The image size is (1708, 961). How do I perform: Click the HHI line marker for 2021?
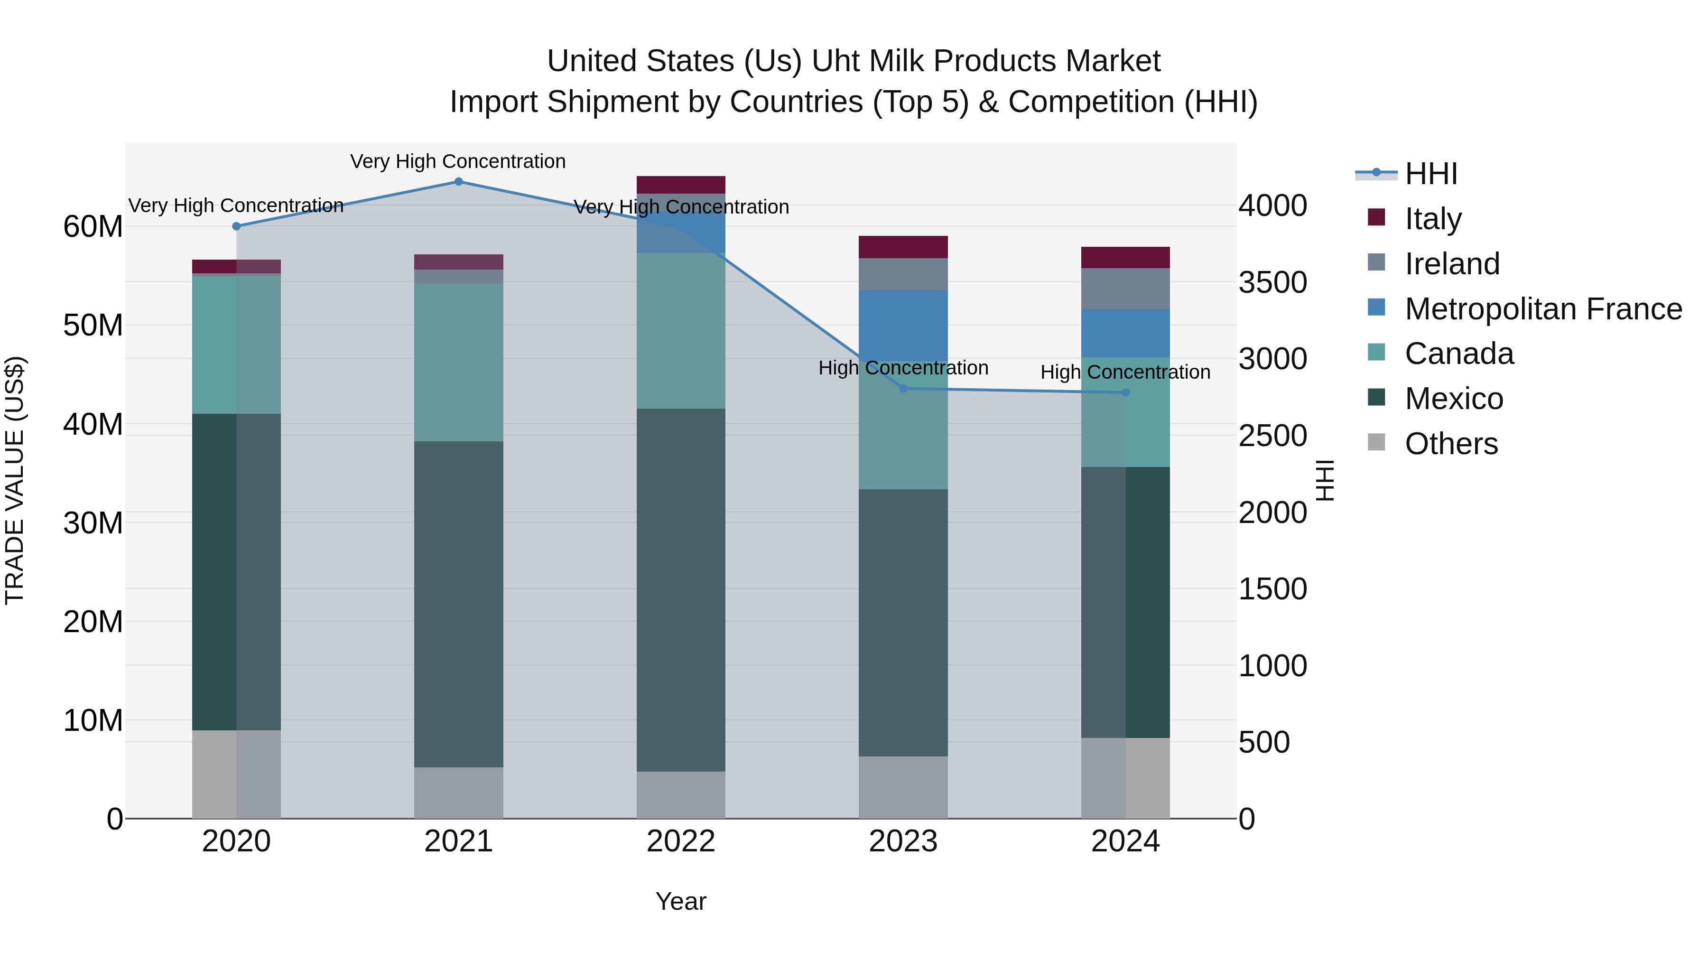pyautogui.click(x=458, y=182)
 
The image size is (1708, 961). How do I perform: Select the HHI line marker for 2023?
pyautogui.click(x=903, y=389)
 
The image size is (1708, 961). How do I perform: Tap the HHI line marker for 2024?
pyautogui.click(x=1125, y=392)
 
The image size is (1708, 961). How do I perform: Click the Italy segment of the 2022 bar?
pyautogui.click(x=681, y=185)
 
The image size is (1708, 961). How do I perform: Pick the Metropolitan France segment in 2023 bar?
pyautogui.click(x=903, y=326)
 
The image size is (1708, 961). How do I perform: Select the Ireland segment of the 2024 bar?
pyautogui.click(x=1125, y=289)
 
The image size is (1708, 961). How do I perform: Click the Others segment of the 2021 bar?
pyautogui.click(x=458, y=793)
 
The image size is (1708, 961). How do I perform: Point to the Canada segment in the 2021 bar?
pyautogui.click(x=458, y=362)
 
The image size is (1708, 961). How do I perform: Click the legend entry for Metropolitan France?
pyautogui.click(x=1543, y=309)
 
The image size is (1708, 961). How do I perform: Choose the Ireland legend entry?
pyautogui.click(x=1452, y=264)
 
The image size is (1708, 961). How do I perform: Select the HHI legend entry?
pyautogui.click(x=1431, y=174)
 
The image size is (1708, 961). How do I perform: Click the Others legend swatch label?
pyautogui.click(x=1451, y=444)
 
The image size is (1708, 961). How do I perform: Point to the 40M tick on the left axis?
pyautogui.click(x=93, y=424)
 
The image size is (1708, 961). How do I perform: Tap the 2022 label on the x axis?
pyautogui.click(x=681, y=841)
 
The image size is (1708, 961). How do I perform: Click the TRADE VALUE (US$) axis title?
pyautogui.click(x=15, y=480)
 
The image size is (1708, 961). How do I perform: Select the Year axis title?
pyautogui.click(x=681, y=901)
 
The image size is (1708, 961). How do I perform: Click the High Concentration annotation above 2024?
pyautogui.click(x=1125, y=372)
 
